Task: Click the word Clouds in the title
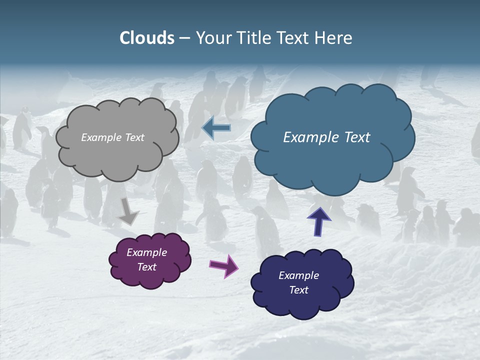(x=147, y=38)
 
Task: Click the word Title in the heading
(x=251, y=38)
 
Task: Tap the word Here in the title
(x=334, y=38)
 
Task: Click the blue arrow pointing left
(x=216, y=128)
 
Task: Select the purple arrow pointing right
(x=224, y=265)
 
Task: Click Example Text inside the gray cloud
(x=112, y=137)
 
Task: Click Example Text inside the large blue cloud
(x=326, y=137)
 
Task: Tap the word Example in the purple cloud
(x=146, y=252)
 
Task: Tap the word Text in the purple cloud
(x=147, y=267)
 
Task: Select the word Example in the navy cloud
(x=298, y=275)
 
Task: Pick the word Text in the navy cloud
(x=299, y=290)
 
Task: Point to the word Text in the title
(x=293, y=38)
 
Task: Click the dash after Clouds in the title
(x=184, y=38)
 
